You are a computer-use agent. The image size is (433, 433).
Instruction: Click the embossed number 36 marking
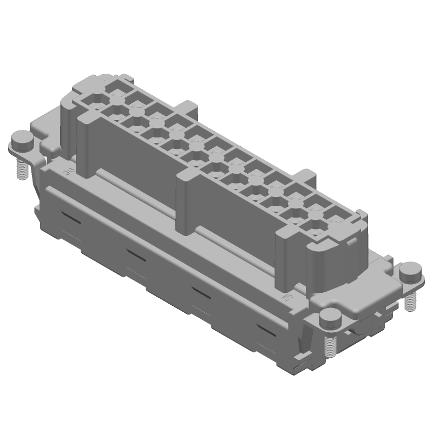point(69,173)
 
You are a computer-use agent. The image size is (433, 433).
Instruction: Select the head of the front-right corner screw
point(329,318)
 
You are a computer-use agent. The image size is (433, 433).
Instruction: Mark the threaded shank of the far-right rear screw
point(410,301)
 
